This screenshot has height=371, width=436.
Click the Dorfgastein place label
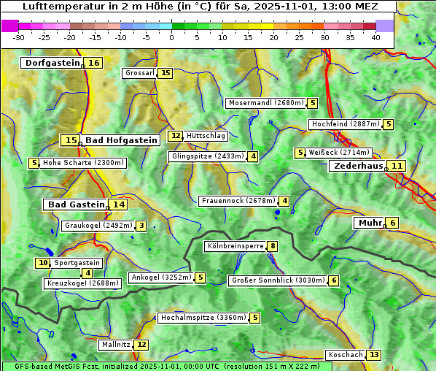52,63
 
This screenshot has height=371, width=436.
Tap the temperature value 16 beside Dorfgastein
94,63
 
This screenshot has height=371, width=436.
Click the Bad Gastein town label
76,204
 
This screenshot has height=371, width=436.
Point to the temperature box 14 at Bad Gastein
118,204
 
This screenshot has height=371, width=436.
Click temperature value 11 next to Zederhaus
397,166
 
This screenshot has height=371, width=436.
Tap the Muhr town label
369,223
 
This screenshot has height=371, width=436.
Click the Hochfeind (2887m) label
346,124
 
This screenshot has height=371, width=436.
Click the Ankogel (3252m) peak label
160,278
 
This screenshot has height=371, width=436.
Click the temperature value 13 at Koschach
374,355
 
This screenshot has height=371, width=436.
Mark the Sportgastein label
77,263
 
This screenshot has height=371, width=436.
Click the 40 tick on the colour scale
375,37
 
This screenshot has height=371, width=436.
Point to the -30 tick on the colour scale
19,37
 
